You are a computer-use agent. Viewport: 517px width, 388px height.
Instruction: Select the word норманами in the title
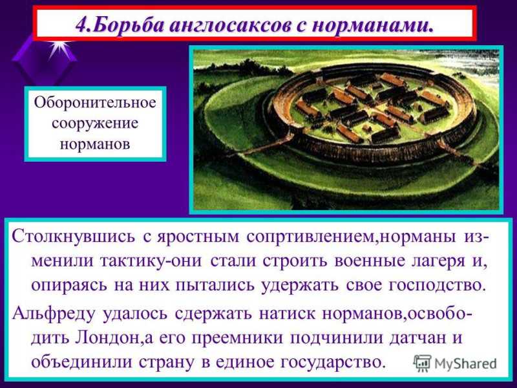click(x=371, y=25)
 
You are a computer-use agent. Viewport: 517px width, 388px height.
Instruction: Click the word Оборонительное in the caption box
click(x=95, y=103)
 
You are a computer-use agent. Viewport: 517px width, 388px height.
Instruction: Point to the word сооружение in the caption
click(x=95, y=124)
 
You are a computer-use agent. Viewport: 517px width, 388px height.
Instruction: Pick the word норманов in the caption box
click(x=95, y=144)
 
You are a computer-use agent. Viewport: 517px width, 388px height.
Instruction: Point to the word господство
click(x=437, y=285)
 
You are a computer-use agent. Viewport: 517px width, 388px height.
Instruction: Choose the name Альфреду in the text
click(x=54, y=314)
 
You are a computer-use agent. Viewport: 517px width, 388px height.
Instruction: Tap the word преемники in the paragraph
click(x=237, y=338)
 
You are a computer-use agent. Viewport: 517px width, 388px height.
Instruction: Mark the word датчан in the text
click(x=414, y=338)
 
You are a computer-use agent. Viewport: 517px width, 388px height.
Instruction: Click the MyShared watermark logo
click(x=455, y=363)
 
